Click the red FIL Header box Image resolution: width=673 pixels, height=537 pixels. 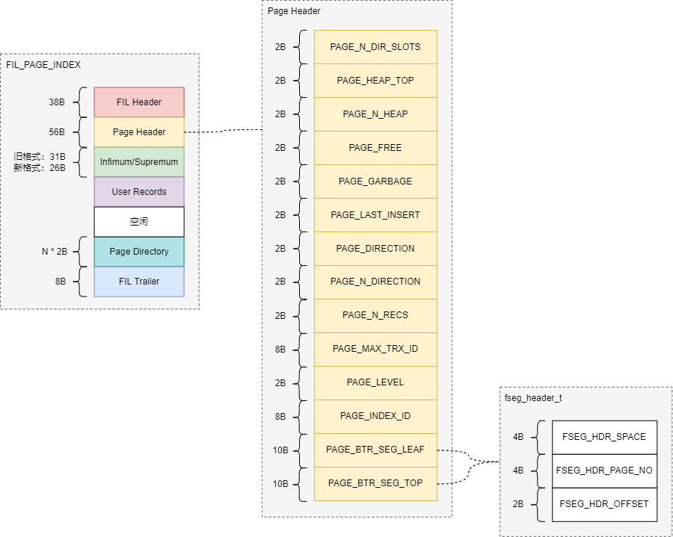point(139,102)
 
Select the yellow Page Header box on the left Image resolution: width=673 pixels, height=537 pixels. point(139,132)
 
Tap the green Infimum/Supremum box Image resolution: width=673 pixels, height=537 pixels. point(139,162)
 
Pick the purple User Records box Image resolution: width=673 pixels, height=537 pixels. point(139,191)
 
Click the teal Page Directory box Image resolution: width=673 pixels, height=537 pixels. point(139,252)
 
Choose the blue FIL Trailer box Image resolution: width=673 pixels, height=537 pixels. point(139,282)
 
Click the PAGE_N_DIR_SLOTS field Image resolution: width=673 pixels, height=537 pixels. point(375,47)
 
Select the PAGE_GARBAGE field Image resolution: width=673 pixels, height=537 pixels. point(375,181)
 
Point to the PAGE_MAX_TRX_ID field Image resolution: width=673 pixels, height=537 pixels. point(375,350)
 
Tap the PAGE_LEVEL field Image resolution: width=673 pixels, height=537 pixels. point(375,382)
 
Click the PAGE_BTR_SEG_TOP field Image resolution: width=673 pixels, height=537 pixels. point(375,483)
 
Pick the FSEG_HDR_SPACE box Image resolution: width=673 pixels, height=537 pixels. point(604,437)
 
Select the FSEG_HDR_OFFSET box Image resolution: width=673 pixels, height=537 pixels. point(604,504)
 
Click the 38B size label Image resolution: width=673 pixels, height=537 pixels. point(57,102)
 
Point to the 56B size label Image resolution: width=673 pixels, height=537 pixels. point(57,132)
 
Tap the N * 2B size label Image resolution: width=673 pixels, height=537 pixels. point(55,252)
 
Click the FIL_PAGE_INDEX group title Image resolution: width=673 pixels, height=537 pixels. point(43,65)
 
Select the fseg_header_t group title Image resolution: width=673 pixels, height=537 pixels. point(533,398)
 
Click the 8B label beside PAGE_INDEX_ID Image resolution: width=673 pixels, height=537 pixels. point(280,417)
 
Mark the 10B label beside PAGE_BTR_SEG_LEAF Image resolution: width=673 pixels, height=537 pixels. point(280,450)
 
